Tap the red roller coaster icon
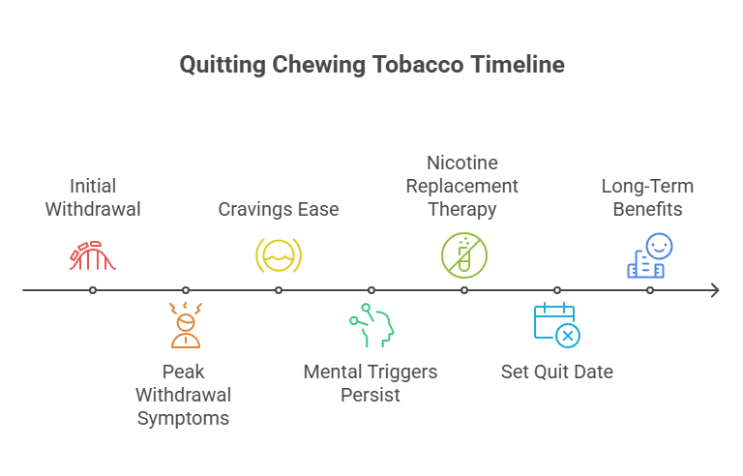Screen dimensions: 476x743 pyautogui.click(x=93, y=253)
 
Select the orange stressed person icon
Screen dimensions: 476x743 pyautogui.click(x=185, y=325)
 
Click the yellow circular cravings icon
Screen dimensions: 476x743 pyautogui.click(x=279, y=254)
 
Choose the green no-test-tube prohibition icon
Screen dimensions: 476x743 pyautogui.click(x=464, y=253)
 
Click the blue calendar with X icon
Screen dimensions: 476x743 pyautogui.click(x=556, y=325)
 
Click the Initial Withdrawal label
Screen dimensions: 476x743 pyautogui.click(x=93, y=196)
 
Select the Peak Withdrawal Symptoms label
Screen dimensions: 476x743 pyautogui.click(x=184, y=395)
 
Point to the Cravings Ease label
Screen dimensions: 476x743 pyautogui.click(x=279, y=209)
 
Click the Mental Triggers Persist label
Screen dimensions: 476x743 pyautogui.click(x=371, y=383)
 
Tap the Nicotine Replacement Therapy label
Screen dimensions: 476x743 pyautogui.click(x=463, y=185)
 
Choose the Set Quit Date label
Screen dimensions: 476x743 pyautogui.click(x=556, y=372)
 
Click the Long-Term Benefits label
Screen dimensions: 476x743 pyautogui.click(x=647, y=196)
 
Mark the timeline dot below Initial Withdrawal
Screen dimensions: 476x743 pyautogui.click(x=93, y=290)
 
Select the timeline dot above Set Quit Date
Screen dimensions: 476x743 pyautogui.click(x=557, y=290)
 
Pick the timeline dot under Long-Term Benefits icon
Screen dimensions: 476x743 pyautogui.click(x=650, y=290)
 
